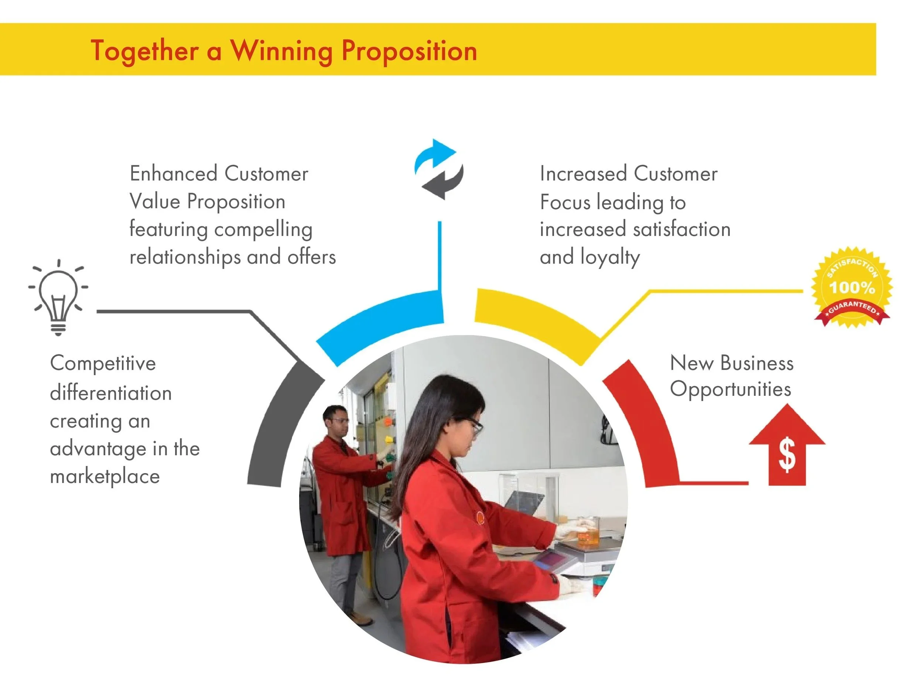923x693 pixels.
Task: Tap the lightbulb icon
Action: (x=58, y=297)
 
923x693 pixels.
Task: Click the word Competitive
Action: (x=103, y=363)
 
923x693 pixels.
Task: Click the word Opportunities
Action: (x=730, y=390)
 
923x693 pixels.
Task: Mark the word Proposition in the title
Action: (x=409, y=51)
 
